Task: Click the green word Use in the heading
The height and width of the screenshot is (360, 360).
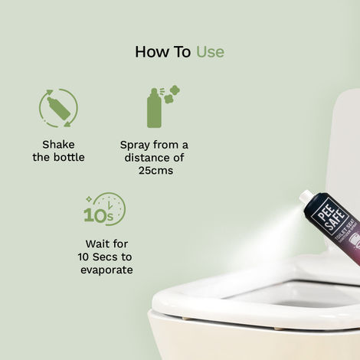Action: click(x=210, y=52)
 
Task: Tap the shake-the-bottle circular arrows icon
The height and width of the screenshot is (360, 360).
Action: click(x=58, y=108)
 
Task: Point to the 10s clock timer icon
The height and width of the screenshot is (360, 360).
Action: click(x=105, y=210)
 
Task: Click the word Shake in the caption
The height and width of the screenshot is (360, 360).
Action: click(x=58, y=144)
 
